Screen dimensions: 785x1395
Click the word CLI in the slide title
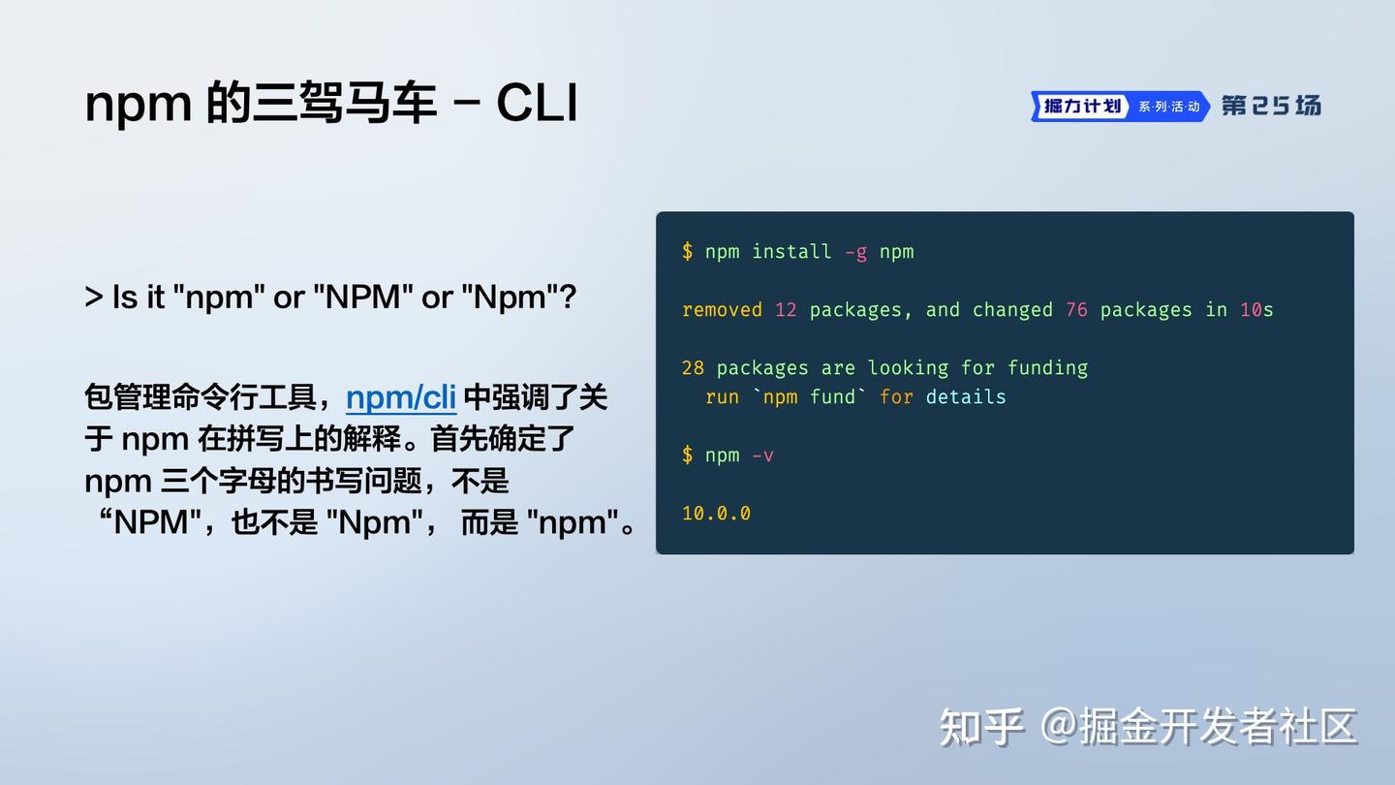pyautogui.click(x=537, y=103)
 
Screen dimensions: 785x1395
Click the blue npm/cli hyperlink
pyautogui.click(x=401, y=397)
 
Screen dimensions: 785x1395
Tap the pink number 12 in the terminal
pyautogui.click(x=786, y=310)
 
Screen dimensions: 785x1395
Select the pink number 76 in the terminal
pyautogui.click(x=1076, y=310)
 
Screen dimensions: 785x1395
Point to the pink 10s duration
pyautogui.click(x=1256, y=310)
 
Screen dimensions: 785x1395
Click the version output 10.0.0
pyautogui.click(x=716, y=514)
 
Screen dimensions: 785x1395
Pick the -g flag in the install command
pyautogui.click(x=855, y=252)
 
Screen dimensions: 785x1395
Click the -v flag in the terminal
pyautogui.click(x=762, y=455)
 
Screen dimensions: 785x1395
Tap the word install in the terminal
pyautogui.click(x=791, y=252)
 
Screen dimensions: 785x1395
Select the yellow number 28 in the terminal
pyautogui.click(x=693, y=368)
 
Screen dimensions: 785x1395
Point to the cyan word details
pyautogui.click(x=966, y=397)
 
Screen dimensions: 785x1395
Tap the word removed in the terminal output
pyautogui.click(x=722, y=310)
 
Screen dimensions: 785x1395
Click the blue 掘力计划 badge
pyautogui.click(x=1082, y=106)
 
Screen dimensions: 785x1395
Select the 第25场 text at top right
pyautogui.click(x=1271, y=106)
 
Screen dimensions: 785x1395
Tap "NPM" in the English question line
pyautogui.click(x=362, y=297)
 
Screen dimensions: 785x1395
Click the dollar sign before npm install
pyautogui.click(x=687, y=252)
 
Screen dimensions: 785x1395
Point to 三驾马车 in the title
pyautogui.click(x=344, y=103)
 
